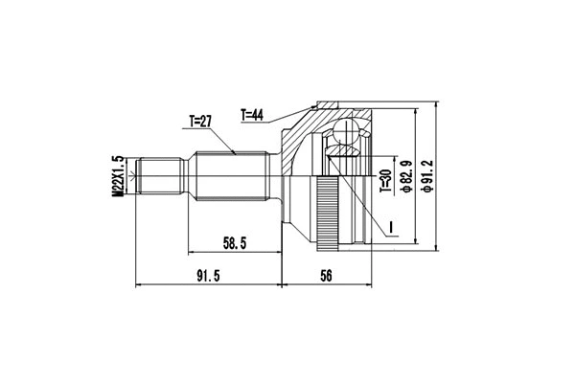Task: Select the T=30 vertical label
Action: tap(384, 182)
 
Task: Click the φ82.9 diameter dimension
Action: tap(406, 178)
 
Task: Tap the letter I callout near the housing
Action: tap(392, 227)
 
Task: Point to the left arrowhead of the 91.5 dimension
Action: tap(142, 284)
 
